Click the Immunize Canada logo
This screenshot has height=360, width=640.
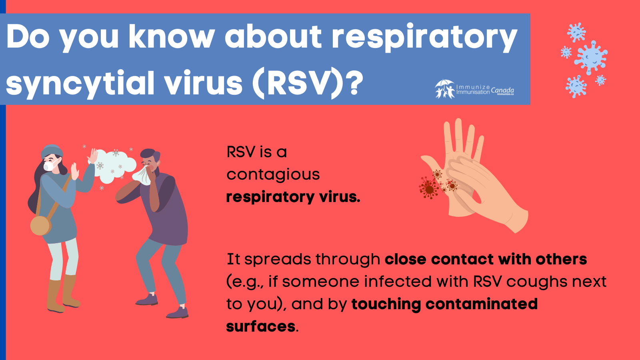[x=474, y=89]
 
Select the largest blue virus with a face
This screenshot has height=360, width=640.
[x=590, y=57]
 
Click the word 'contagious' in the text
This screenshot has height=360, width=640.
[x=273, y=174]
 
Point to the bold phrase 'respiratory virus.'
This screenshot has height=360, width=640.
[x=293, y=197]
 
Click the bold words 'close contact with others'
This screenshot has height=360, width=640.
[x=486, y=259]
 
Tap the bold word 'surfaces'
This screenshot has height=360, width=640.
[x=261, y=326]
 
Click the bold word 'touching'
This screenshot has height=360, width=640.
[x=386, y=304]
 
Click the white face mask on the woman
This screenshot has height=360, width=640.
[x=50, y=165]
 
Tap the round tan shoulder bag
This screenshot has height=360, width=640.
[x=40, y=225]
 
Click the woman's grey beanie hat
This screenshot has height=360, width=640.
[x=52, y=151]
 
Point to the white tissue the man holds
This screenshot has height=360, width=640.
[x=143, y=175]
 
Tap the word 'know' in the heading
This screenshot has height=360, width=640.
[x=172, y=37]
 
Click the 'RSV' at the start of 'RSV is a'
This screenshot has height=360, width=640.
[x=241, y=152]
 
